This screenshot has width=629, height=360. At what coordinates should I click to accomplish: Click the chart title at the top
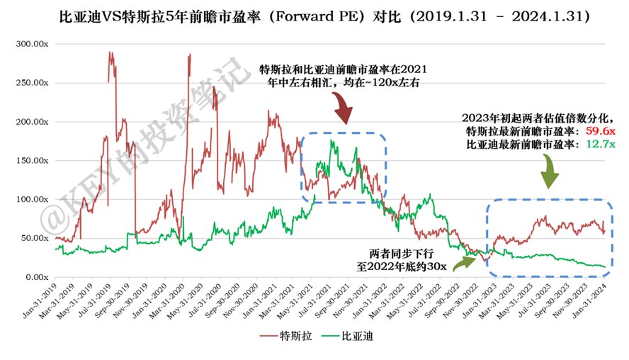(314, 13)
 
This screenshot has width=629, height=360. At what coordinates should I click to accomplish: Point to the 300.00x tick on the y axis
(31, 45)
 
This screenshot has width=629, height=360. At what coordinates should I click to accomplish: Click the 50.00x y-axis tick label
(33, 238)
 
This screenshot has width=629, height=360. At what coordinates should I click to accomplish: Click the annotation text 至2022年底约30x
(400, 266)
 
